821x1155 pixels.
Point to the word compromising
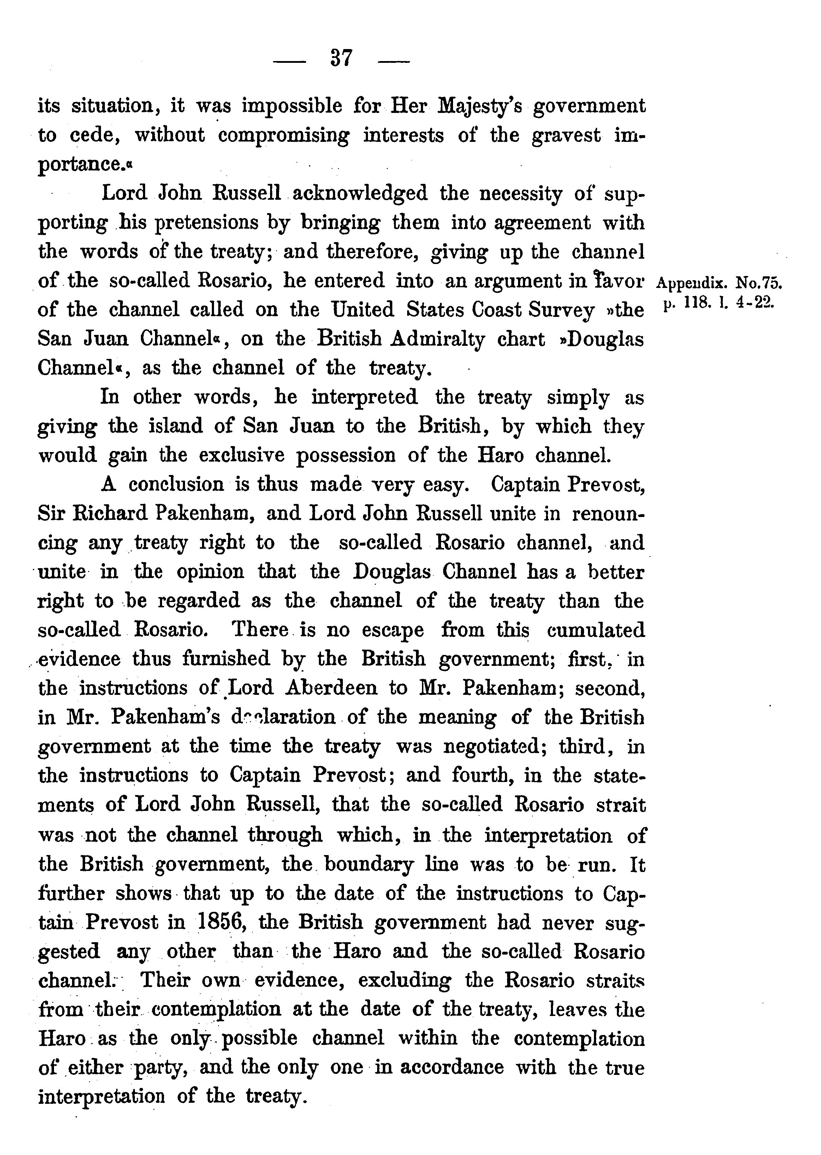(x=283, y=136)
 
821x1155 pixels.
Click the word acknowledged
(x=360, y=193)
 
